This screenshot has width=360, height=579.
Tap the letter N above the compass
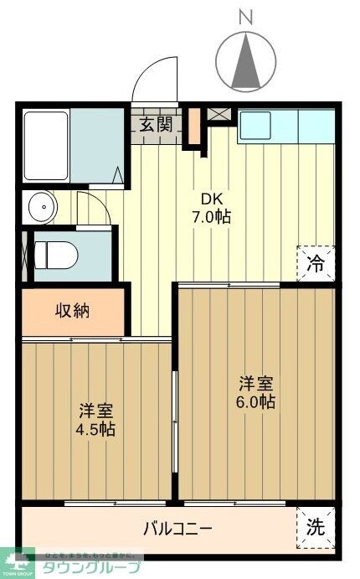(245, 15)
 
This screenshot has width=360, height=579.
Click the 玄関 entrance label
(156, 125)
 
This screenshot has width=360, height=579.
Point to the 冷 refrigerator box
(316, 262)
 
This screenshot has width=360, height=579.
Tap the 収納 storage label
(73, 311)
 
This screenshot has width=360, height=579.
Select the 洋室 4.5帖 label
(97, 421)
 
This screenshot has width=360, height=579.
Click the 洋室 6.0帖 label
(256, 392)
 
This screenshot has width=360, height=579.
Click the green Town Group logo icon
(17, 561)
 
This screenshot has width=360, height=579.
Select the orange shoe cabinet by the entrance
(194, 127)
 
